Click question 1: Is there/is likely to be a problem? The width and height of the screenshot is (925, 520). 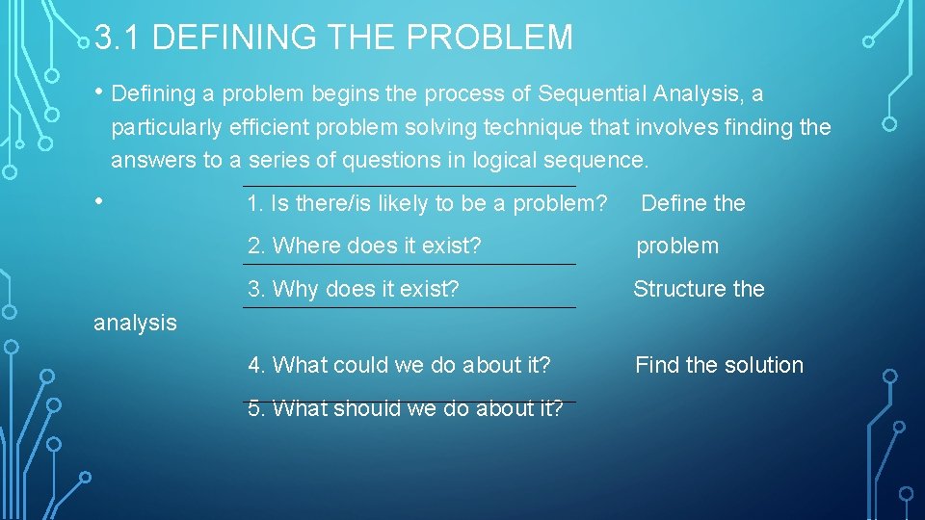click(427, 203)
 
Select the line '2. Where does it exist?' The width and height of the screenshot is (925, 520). click(364, 246)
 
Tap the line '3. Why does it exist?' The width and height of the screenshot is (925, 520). click(354, 289)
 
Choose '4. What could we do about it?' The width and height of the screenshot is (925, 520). click(399, 365)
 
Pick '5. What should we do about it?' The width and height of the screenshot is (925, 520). click(405, 408)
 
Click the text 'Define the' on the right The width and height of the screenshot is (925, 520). click(693, 203)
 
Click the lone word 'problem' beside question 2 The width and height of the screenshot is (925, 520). click(677, 246)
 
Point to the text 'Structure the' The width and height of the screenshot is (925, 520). click(699, 289)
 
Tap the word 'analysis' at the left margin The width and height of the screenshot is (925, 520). click(135, 323)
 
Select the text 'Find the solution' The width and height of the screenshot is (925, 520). click(719, 365)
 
